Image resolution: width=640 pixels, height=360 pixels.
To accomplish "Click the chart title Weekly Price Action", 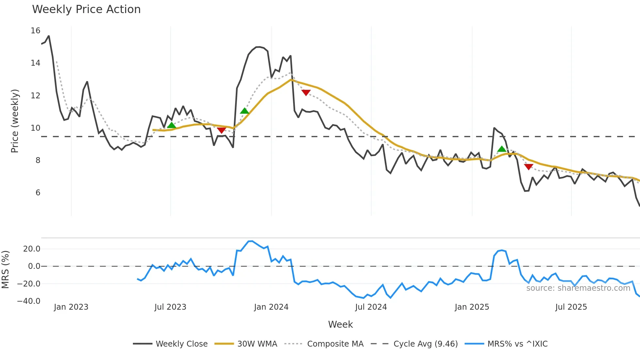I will (x=86, y=9).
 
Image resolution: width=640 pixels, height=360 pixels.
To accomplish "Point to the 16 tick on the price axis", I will (x=36, y=31).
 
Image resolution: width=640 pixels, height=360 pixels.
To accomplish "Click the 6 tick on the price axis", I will (x=38, y=193).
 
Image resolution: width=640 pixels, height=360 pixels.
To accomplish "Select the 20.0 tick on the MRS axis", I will (x=32, y=249).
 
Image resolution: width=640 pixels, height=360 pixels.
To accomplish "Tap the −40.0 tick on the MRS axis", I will (x=29, y=301).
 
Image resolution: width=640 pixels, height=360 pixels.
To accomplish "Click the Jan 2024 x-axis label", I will (x=271, y=307).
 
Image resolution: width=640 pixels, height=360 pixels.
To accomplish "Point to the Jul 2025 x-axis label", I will (x=571, y=307).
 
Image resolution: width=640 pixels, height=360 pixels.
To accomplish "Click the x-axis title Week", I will (x=340, y=324).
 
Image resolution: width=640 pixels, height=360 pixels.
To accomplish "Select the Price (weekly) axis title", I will (x=15, y=121).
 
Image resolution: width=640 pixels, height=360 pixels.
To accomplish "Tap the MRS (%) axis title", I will (x=5, y=270).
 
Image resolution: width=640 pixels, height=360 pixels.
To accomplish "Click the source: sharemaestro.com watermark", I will (x=578, y=288).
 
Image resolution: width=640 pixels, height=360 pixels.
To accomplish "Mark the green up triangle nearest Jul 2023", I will (x=171, y=125).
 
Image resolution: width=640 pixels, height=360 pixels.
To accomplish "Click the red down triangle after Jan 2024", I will (x=306, y=92).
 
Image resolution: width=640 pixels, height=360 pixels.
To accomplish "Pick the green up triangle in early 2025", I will (x=502, y=149).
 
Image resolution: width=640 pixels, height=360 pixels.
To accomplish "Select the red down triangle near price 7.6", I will (x=529, y=167).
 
